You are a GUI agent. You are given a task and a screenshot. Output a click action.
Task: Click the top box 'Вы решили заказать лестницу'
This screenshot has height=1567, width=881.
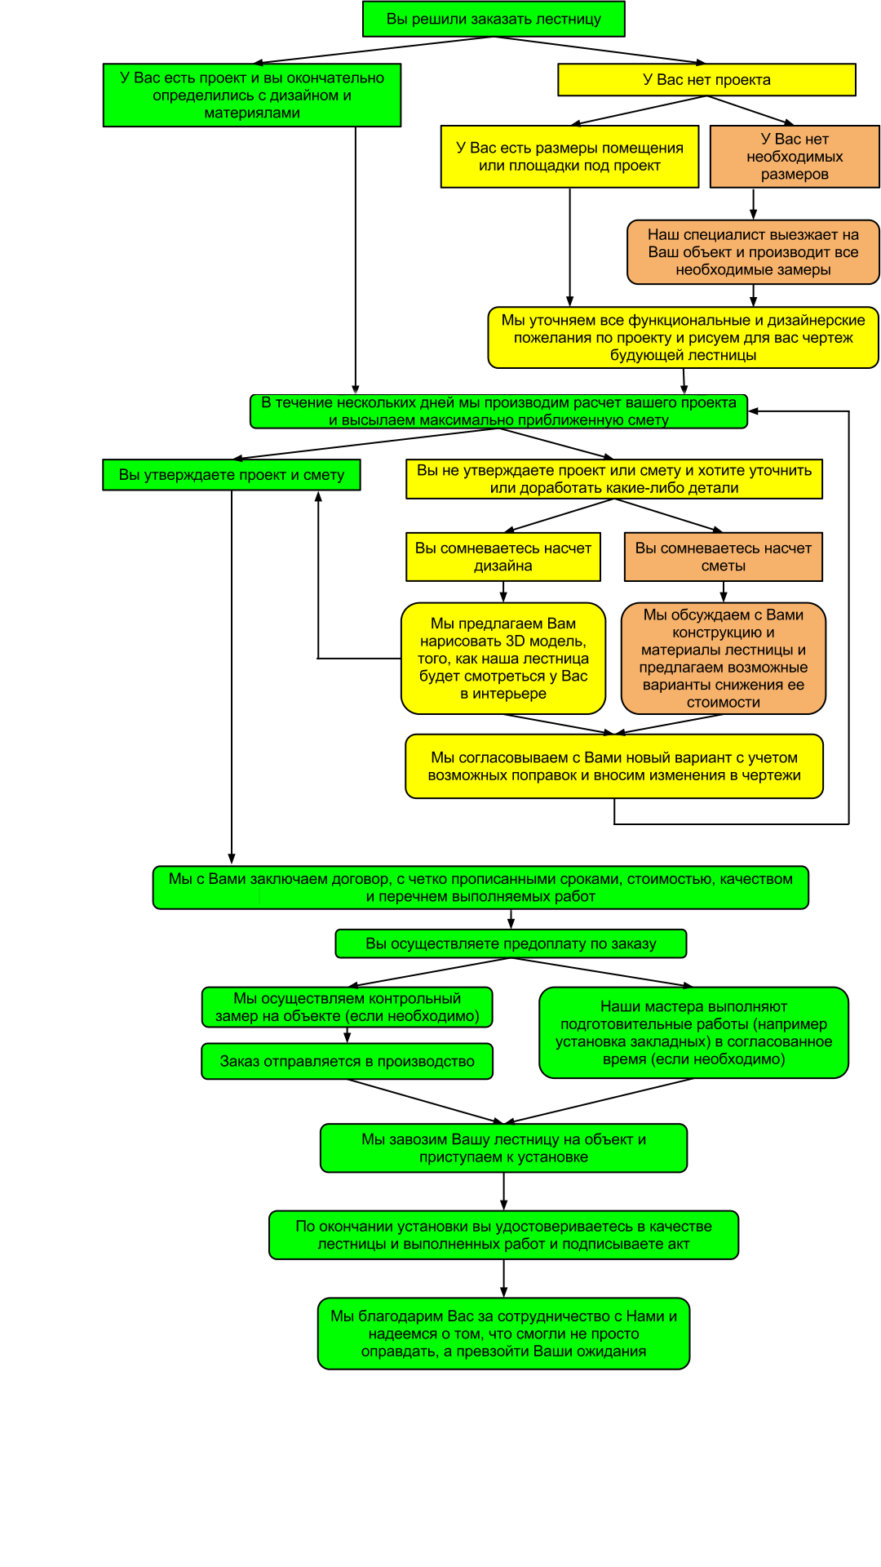[494, 19]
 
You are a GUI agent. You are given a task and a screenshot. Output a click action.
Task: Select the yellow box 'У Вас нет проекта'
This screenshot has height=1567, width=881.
[706, 80]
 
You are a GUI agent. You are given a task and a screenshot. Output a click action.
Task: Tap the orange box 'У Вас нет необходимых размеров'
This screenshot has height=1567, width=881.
[795, 157]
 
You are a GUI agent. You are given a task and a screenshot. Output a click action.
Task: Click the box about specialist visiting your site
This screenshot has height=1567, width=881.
[753, 252]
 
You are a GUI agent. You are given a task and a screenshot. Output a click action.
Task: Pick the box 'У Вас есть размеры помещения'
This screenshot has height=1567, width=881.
[569, 157]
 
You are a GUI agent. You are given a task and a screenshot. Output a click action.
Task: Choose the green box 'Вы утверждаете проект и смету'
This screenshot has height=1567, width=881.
[232, 475]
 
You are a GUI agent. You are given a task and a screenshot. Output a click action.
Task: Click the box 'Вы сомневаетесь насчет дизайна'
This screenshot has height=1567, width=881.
[503, 557]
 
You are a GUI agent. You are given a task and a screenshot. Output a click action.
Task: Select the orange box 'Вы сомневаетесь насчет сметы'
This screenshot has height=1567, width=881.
[724, 557]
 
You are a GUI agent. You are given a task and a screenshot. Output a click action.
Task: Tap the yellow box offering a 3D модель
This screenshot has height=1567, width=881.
[503, 659]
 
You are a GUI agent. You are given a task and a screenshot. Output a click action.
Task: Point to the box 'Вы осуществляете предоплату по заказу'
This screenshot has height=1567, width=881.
[511, 943]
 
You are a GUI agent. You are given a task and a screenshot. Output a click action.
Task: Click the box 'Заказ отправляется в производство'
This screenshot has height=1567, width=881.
[347, 1061]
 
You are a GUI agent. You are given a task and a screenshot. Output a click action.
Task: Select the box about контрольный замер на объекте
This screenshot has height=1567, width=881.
[347, 1007]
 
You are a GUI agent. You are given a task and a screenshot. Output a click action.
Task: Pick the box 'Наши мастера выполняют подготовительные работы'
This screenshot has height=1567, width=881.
[693, 1033]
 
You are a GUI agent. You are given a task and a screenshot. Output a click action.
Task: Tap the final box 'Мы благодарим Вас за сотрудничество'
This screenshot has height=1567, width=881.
[503, 1334]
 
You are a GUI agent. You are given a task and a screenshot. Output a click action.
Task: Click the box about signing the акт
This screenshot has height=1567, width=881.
[503, 1235]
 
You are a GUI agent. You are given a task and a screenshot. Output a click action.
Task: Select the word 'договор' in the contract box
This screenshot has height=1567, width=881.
[360, 880]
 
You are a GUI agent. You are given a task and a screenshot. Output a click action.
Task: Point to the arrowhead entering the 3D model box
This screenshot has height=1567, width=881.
[503, 597]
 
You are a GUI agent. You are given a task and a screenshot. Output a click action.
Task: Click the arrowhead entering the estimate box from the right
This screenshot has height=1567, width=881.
[754, 411]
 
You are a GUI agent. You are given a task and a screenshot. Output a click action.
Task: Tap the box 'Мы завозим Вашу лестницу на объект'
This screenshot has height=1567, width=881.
[503, 1148]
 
